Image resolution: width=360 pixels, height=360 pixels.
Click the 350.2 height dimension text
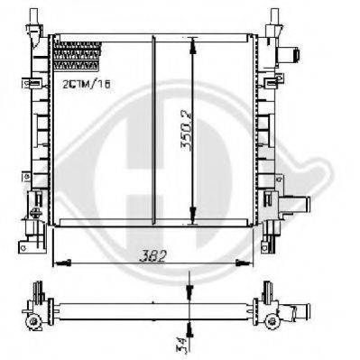[x=187, y=131]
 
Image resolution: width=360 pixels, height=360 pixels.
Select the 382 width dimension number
[x=152, y=256]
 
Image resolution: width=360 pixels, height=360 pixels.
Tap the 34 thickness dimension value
[x=180, y=344]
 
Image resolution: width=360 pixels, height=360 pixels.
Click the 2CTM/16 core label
[x=87, y=84]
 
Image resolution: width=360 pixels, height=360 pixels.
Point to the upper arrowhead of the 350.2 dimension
[x=192, y=46]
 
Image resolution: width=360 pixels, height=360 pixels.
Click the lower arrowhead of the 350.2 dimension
[x=192, y=216]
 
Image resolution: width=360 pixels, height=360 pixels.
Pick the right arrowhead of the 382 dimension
[x=244, y=263]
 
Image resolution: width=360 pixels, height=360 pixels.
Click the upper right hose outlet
[x=289, y=55]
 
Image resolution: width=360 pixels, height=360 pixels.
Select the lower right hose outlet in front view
[x=295, y=205]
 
